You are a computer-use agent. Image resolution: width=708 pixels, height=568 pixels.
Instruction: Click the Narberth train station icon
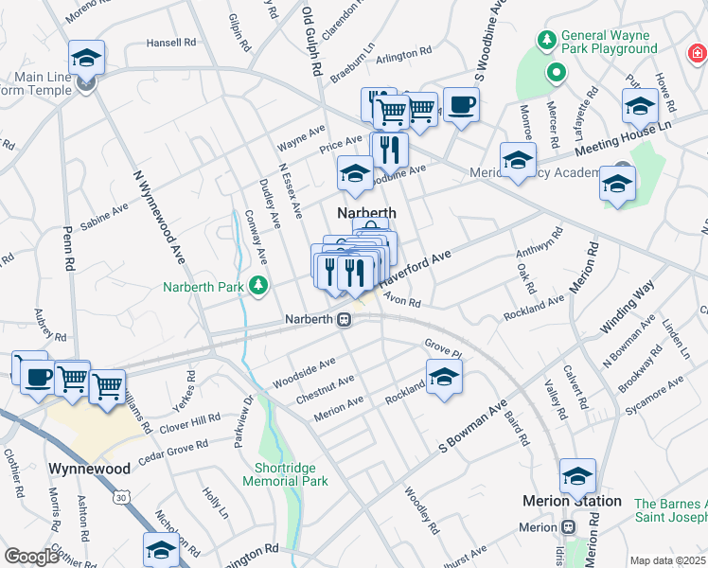[x=346, y=320]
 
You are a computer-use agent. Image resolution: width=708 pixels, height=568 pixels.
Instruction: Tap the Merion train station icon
[x=568, y=527]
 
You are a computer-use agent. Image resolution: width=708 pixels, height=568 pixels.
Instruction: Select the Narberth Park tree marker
[x=257, y=286]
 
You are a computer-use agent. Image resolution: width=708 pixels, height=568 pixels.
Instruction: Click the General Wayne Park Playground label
[x=609, y=42]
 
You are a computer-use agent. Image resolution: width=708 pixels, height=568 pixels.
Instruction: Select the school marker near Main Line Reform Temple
[x=86, y=58]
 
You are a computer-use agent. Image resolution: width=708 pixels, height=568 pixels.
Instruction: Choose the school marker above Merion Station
[x=577, y=476]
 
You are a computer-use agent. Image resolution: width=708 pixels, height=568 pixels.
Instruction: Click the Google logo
[x=31, y=557]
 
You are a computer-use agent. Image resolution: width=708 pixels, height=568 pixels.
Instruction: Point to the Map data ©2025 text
[x=666, y=560]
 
